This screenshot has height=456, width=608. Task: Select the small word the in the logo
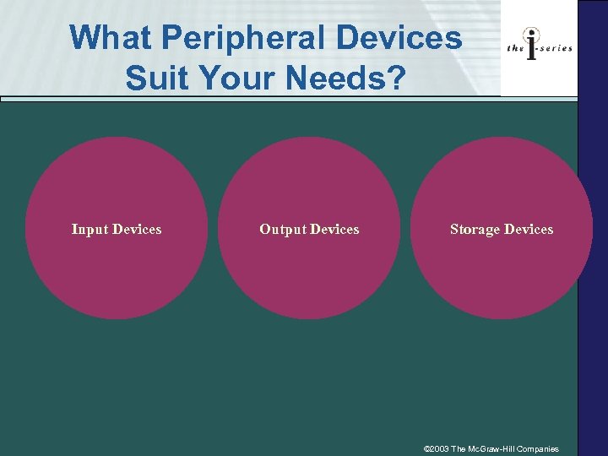[x=515, y=48]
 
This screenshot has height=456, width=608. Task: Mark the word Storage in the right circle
[x=475, y=229]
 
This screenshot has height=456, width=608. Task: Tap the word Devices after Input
[x=137, y=229]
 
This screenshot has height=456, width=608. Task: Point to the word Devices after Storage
[x=528, y=229]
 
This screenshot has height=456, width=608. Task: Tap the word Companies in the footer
[x=536, y=449]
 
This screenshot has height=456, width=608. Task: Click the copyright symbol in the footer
[x=426, y=449]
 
